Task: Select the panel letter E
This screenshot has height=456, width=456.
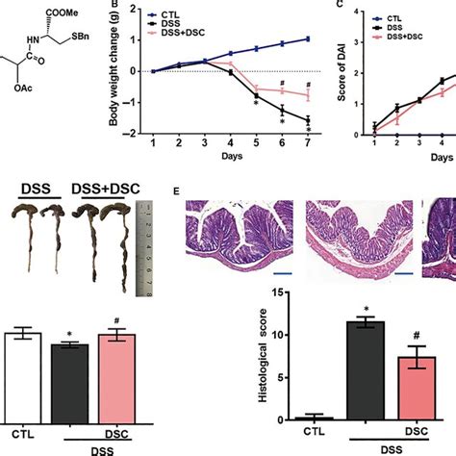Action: [177, 192]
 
